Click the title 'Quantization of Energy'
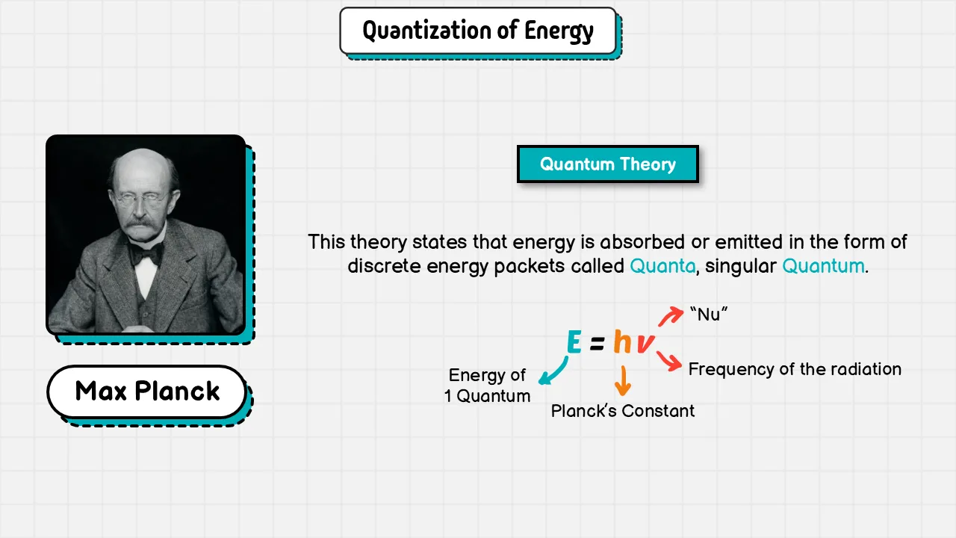click(478, 31)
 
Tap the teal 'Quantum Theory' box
click(608, 164)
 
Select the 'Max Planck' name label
click(147, 391)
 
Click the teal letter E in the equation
click(574, 342)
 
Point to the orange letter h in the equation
click(622, 341)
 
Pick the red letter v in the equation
click(646, 344)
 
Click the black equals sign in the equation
click(597, 343)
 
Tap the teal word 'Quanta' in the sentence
click(662, 266)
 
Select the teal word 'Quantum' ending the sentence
click(823, 266)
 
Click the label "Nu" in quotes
click(709, 315)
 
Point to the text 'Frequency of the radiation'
click(795, 369)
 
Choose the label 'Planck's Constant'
click(623, 411)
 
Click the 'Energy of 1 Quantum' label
click(488, 386)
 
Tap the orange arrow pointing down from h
click(623, 381)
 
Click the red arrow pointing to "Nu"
click(671, 316)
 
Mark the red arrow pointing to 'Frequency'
click(668, 361)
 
